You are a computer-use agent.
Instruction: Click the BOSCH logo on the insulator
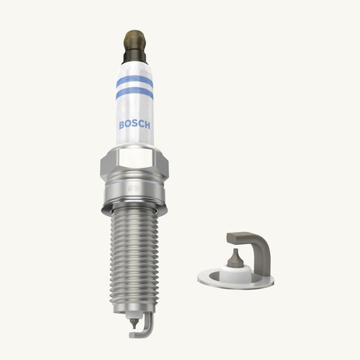tap(135, 125)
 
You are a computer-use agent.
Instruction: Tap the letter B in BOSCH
tap(122, 125)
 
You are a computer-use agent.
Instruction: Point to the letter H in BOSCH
tap(148, 125)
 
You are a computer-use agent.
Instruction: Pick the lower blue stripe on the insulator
tap(135, 93)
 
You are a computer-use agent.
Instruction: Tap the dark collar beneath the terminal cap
tap(135, 54)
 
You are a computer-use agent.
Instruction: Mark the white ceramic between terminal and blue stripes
tap(135, 68)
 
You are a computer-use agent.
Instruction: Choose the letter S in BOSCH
tap(135, 125)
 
